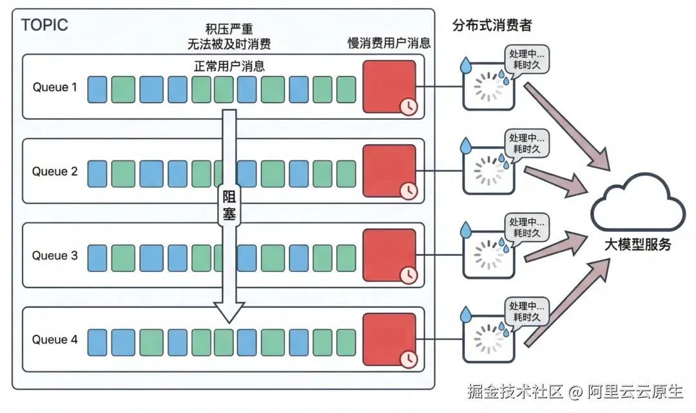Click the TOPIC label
point(44,26)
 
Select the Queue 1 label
point(55,87)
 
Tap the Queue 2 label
point(55,171)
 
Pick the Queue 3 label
point(55,256)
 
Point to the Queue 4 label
point(55,340)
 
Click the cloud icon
point(638,204)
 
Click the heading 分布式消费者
point(493,26)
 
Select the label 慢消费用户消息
point(389,44)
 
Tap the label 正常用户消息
point(229,66)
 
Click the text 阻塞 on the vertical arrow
point(229,206)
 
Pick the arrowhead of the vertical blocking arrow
point(229,314)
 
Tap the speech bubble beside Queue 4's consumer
point(526,311)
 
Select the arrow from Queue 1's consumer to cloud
point(567,126)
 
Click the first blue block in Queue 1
point(97,89)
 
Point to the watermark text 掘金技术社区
point(515,390)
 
